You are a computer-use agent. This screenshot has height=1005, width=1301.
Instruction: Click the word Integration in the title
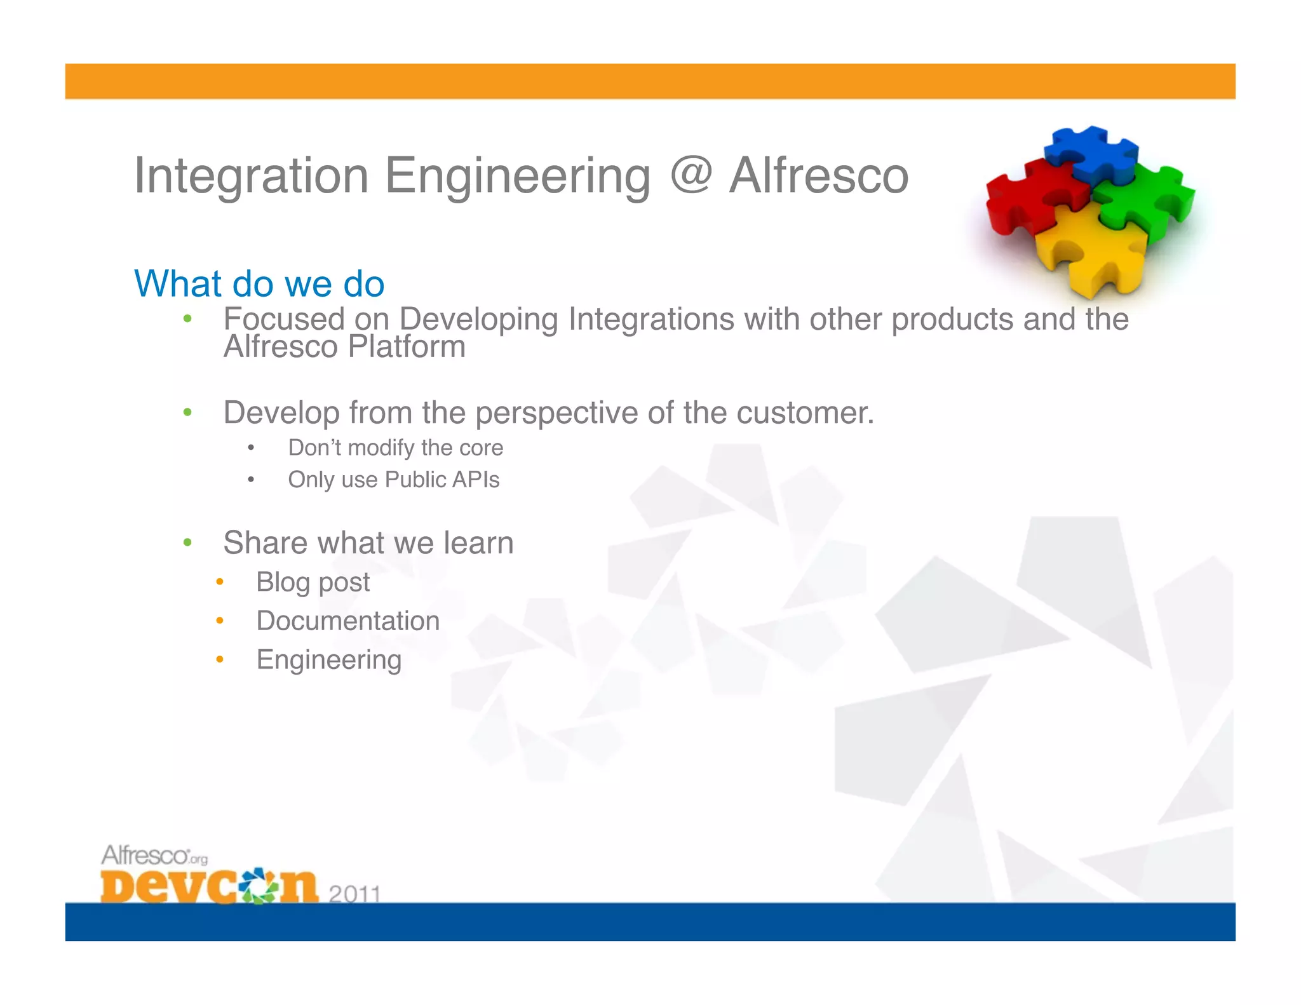(252, 176)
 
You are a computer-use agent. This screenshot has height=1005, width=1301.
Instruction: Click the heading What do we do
(259, 283)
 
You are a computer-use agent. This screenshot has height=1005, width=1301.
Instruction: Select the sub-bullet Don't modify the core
(395, 448)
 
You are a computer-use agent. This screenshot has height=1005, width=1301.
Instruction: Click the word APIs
(475, 480)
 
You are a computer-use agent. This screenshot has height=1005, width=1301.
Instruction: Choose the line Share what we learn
(368, 543)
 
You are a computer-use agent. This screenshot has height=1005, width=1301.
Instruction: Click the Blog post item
(313, 582)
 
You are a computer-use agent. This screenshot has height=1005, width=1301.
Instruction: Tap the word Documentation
(347, 621)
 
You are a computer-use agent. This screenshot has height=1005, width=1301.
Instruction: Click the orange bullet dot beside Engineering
(219, 659)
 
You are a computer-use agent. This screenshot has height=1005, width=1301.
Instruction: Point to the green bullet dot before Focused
(187, 318)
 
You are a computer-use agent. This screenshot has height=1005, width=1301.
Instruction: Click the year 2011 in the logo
(354, 894)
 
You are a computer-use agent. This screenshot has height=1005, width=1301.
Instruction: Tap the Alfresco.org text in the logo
(154, 856)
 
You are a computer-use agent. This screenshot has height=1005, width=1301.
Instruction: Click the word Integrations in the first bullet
(650, 319)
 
